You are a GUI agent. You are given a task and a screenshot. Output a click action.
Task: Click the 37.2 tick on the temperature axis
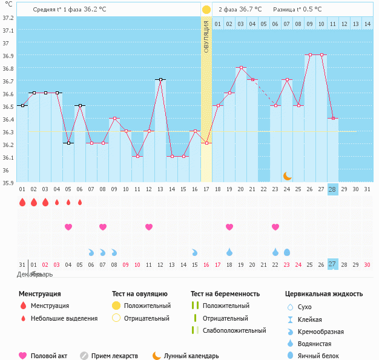(8, 18)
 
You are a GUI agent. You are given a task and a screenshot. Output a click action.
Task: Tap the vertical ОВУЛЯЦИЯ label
(206, 37)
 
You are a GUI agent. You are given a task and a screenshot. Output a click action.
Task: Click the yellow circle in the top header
(206, 10)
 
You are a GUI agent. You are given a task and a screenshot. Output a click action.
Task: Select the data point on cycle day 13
(160, 79)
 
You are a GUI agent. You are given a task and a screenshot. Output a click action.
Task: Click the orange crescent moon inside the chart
(288, 176)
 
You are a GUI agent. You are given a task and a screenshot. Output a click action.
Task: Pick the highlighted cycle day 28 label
(332, 189)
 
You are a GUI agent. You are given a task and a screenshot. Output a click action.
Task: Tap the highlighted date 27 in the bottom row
(332, 264)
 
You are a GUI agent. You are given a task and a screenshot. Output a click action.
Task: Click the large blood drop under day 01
(22, 202)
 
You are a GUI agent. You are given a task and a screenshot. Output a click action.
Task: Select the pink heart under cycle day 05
(68, 227)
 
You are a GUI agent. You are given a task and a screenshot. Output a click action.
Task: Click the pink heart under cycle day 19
(229, 227)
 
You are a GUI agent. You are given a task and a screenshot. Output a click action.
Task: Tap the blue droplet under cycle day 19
(229, 252)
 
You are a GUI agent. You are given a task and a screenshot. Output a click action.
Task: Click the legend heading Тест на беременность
(225, 293)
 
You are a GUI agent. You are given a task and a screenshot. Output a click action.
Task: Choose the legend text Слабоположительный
(234, 330)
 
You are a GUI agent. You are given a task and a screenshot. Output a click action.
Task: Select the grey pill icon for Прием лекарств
(84, 356)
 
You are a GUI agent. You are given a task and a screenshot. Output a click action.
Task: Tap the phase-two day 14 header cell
(367, 24)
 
